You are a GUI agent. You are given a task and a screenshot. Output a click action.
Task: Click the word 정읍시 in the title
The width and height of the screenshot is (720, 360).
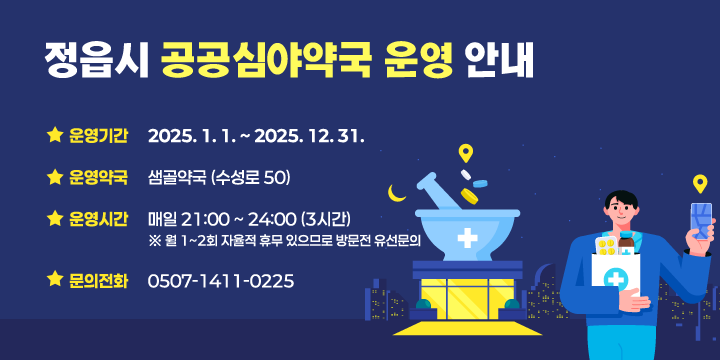click(x=95, y=61)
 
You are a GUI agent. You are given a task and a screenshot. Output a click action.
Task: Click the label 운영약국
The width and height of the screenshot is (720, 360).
click(x=99, y=178)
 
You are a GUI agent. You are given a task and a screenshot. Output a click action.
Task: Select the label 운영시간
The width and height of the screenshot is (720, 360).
click(x=99, y=219)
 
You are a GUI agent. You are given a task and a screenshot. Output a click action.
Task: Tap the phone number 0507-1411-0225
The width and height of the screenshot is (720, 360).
click(x=221, y=281)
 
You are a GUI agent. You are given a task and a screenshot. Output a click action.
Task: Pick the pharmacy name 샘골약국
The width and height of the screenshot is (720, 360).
click(x=177, y=178)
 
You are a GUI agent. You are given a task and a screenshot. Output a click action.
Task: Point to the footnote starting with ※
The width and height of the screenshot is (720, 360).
click(x=284, y=241)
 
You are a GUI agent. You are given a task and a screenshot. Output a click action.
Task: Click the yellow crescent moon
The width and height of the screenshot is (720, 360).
click(x=398, y=192)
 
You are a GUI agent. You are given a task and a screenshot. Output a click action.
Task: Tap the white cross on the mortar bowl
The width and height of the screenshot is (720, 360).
click(x=466, y=239)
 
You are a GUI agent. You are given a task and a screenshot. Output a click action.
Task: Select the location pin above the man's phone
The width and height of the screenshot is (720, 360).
click(x=700, y=183)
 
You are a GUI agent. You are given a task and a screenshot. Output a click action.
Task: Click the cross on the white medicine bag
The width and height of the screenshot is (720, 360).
click(x=616, y=275)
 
